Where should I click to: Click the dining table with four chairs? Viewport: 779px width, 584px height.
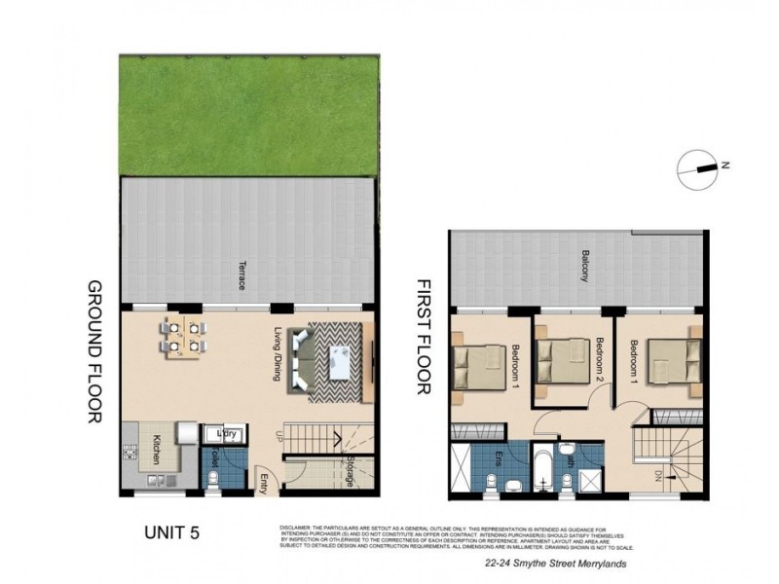pyautogui.click(x=183, y=335)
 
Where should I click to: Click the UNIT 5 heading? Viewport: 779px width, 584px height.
pyautogui.click(x=177, y=532)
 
